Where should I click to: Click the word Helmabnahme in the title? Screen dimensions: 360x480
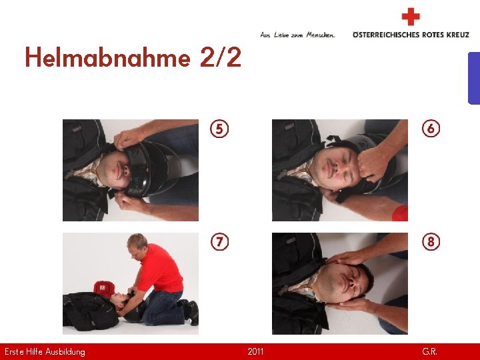coord(107,59)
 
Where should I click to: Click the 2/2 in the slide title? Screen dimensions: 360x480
coord(220,59)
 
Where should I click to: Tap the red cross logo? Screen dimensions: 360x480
coord(411,17)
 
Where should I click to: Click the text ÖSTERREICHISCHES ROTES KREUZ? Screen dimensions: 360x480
coord(411,35)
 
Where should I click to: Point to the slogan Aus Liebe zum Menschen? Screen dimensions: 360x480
coord(297,35)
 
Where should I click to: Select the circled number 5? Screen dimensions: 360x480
coord(219,129)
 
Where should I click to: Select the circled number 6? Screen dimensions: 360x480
coord(431,129)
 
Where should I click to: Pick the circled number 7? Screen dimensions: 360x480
coord(219,241)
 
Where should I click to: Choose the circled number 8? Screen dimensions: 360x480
coord(431,241)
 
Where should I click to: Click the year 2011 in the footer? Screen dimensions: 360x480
coord(255,351)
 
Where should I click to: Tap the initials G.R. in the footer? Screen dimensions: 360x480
coord(430,351)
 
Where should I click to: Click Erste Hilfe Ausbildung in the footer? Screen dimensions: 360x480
coord(45,351)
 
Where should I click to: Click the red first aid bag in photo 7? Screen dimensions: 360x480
coord(104,288)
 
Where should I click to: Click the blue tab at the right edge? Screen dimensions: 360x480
coord(473,78)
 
